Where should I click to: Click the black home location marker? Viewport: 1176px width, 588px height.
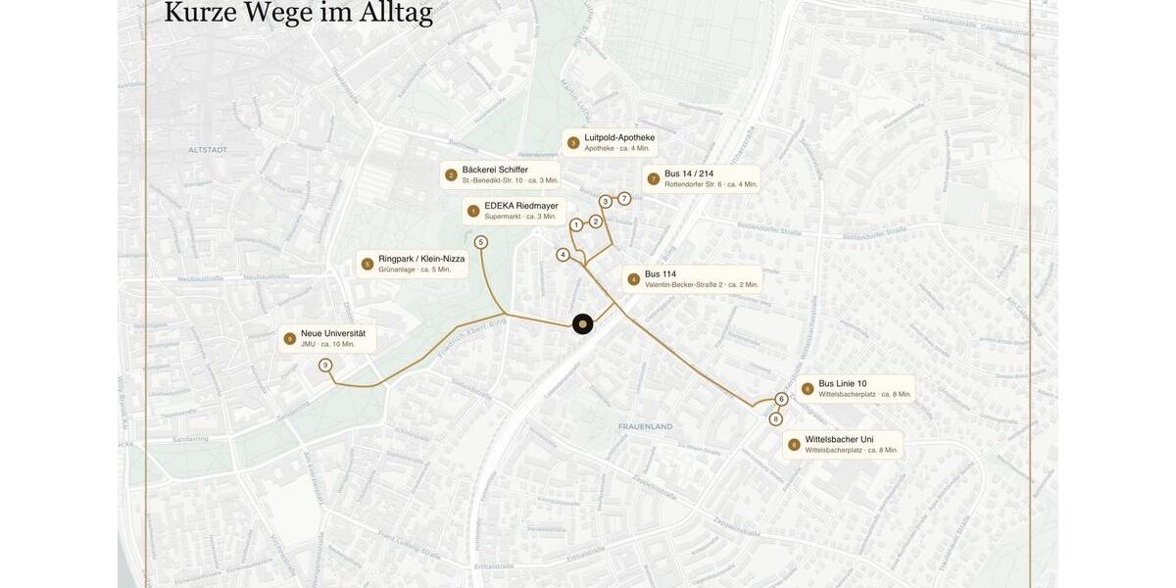point(582,324)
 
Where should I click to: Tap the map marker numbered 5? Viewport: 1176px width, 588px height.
point(480,242)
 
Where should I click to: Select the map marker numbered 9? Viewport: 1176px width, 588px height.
point(325,366)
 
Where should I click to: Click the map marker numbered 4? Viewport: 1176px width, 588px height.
point(563,255)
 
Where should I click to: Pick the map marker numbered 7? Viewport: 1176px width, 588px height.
point(624,199)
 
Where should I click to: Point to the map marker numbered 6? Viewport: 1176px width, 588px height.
point(781,399)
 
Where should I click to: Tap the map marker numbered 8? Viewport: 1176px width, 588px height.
point(775,419)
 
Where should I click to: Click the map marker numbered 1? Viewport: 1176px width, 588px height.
point(576,225)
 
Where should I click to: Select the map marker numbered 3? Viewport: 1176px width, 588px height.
point(606,202)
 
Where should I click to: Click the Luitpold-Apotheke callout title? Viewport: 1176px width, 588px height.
point(619,137)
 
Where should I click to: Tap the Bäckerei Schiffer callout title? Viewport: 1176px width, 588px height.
point(495,170)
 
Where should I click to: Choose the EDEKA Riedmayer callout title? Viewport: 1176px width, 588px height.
point(521,206)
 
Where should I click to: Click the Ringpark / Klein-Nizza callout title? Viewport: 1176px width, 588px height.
point(421,259)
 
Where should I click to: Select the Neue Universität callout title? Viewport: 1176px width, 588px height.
point(333,333)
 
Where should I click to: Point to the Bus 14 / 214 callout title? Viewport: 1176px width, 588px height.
point(689,173)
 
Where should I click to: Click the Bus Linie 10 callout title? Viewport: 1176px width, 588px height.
point(843,383)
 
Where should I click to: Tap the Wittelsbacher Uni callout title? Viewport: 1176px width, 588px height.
point(839,439)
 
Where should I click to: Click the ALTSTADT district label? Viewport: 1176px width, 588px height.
point(208,150)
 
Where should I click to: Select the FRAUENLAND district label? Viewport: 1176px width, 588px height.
point(645,426)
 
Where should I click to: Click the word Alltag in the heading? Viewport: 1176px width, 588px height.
point(382,13)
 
